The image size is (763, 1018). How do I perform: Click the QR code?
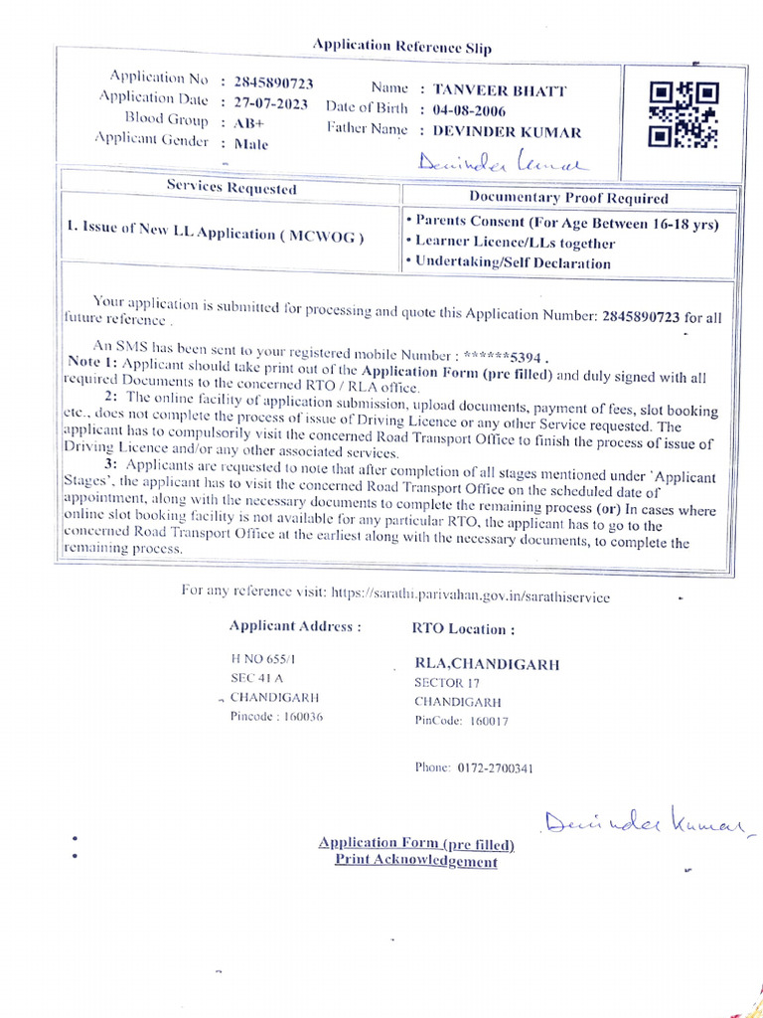(684, 114)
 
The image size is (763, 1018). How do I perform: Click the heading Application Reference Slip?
(401, 46)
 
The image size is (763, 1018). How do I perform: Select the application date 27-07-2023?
(271, 103)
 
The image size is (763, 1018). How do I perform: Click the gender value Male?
(251, 144)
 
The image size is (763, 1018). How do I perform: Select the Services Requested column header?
(230, 187)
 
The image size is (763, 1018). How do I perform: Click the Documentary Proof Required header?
(568, 198)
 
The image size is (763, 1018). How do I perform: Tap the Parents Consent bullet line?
(562, 223)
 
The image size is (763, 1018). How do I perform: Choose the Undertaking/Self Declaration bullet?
(508, 262)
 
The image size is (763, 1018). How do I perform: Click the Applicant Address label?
(295, 626)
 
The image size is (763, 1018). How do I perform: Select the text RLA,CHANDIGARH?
(487, 664)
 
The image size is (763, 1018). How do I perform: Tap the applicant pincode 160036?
(299, 717)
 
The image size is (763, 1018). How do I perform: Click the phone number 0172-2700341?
(495, 767)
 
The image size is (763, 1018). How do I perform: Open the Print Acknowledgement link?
(415, 861)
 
